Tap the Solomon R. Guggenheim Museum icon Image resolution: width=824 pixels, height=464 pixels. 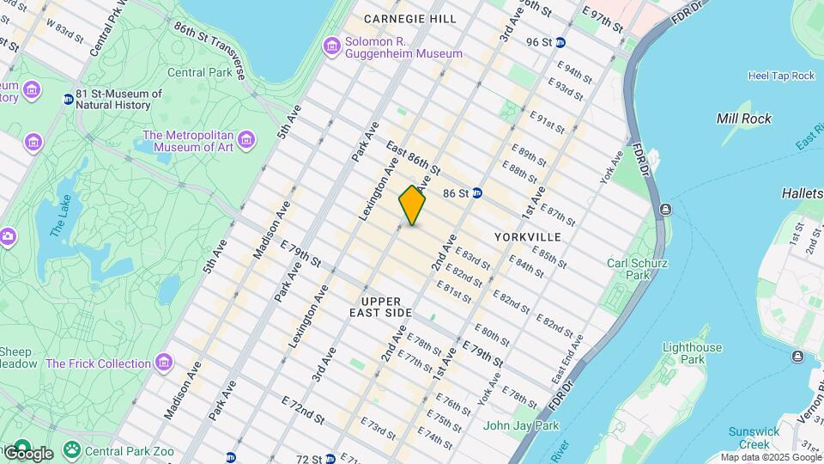(331, 45)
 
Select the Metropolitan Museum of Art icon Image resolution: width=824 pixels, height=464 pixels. (246, 139)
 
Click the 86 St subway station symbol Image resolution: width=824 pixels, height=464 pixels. (477, 193)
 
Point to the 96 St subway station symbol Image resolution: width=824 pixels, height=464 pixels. (560, 42)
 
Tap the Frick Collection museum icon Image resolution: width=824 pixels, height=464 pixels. (162, 363)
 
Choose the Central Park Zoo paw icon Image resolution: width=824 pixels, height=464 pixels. (70, 449)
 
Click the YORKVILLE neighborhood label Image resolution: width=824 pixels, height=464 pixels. (528, 236)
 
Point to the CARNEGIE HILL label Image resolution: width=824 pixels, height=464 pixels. (409, 18)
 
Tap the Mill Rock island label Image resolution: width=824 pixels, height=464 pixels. (743, 119)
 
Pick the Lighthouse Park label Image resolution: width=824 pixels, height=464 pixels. (692, 354)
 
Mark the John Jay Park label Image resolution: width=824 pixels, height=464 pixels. (520, 425)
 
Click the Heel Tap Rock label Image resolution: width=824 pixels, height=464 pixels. (780, 76)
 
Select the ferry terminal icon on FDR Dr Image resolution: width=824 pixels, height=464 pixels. (665, 210)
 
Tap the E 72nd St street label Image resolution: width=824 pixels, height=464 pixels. (303, 410)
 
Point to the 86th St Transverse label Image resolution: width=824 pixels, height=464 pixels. (209, 51)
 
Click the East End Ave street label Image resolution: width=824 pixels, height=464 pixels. (568, 360)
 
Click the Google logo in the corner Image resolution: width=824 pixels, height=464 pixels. (28, 453)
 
